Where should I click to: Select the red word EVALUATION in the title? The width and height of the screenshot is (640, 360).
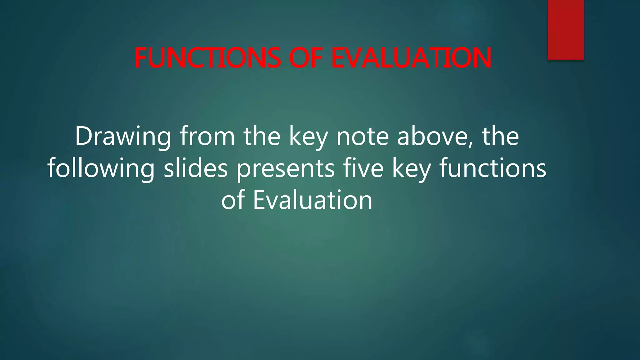(x=411, y=58)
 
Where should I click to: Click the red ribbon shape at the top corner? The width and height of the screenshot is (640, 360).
(x=566, y=30)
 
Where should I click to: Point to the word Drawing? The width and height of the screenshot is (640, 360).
(x=123, y=137)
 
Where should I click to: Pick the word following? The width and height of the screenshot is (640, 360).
(x=101, y=169)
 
